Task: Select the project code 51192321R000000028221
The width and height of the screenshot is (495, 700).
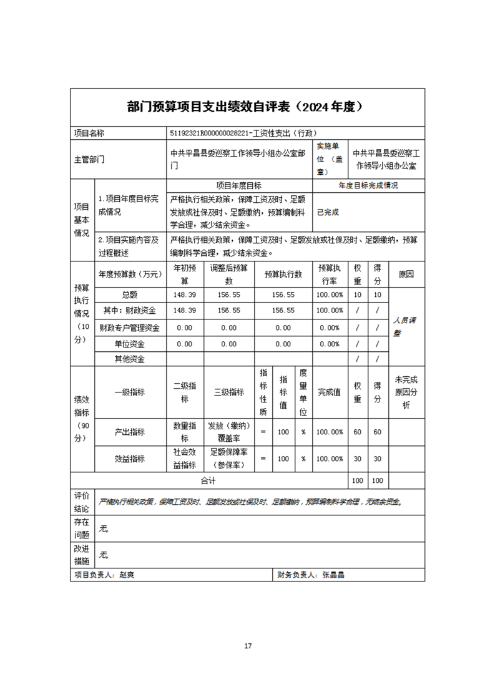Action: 210,133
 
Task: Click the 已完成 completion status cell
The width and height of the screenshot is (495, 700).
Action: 328,212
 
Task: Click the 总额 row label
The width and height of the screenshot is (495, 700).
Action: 130,294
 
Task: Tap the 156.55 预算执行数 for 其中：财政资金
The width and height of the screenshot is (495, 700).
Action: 283,310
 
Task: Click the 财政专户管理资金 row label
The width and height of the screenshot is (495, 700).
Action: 130,327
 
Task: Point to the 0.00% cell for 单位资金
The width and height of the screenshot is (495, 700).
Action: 329,343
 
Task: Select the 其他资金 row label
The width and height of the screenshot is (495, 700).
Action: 130,359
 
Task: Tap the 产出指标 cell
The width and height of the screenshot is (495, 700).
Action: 130,432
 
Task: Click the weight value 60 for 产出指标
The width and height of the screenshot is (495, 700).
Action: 357,432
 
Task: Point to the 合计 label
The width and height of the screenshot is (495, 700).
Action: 208,481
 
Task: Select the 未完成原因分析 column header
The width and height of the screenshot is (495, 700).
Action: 406,392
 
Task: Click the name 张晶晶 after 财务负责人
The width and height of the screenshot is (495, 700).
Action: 333,575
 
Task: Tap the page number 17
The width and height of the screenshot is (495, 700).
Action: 248,646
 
